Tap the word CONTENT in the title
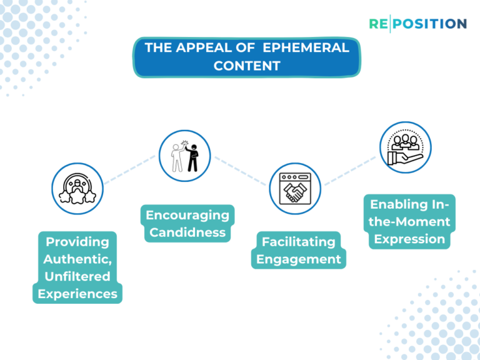coord(247,66)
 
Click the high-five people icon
coord(184,156)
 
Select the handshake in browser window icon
coord(295,188)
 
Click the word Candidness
coord(187,232)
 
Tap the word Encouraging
coord(187,215)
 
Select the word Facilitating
coord(298,242)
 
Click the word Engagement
coord(298,259)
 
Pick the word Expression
coord(409,239)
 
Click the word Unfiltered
coord(77,276)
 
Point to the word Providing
coord(77,241)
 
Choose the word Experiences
coord(77,294)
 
